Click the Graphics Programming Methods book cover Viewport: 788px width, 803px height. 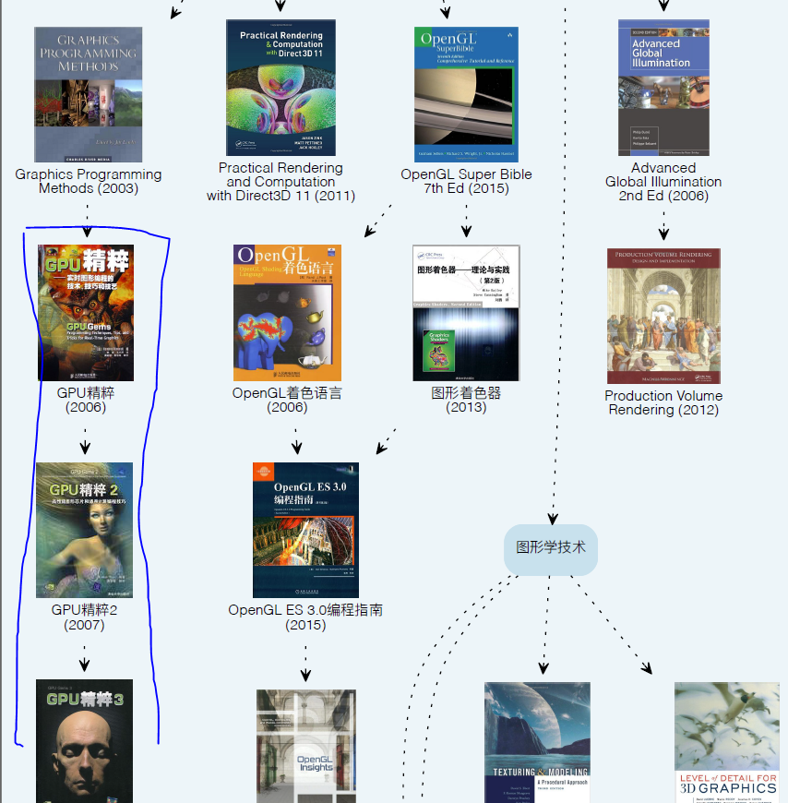pos(89,94)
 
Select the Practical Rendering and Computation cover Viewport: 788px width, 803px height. pos(281,88)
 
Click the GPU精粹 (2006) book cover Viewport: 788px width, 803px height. pos(86,313)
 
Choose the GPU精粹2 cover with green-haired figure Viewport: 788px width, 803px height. pos(84,530)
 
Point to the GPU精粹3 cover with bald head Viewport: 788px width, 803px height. pos(84,740)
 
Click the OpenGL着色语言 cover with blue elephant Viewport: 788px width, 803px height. pos(287,313)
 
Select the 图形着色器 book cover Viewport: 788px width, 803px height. pos(466,313)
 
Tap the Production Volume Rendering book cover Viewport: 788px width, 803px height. pos(663,316)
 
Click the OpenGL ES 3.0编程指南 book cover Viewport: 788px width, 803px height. pos(305,530)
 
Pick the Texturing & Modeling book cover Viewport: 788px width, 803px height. pos(537,742)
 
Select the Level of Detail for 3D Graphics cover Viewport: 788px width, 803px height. pos(727,742)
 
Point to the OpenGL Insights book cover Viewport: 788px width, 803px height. pos(305,746)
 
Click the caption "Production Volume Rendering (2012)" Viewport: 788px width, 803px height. pos(663,402)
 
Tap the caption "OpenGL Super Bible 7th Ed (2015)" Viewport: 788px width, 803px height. pos(466,181)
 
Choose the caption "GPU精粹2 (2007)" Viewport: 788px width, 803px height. pos(84,617)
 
